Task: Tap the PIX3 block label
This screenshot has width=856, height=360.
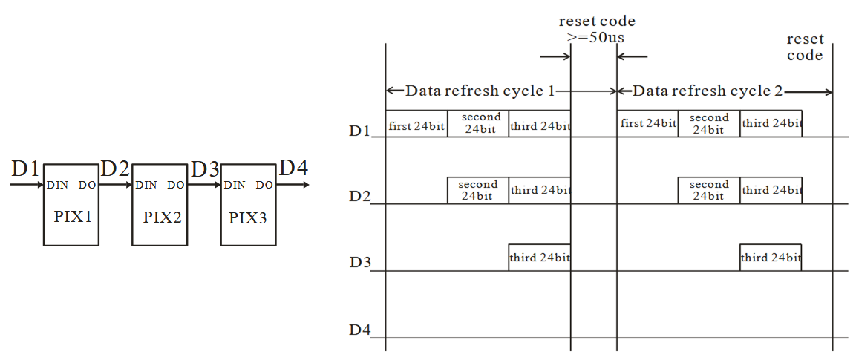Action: pos(248,218)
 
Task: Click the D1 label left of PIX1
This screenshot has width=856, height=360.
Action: pos(24,169)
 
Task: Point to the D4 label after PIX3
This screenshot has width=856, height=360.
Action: pos(293,169)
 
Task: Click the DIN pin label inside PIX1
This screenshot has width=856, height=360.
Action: pos(57,185)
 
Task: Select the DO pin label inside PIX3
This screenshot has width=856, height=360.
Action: pos(264,185)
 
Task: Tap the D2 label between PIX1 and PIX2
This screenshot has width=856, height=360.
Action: pos(115,169)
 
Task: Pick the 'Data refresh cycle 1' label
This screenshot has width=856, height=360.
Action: pos(480,91)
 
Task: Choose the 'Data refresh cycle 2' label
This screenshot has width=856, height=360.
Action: pos(708,91)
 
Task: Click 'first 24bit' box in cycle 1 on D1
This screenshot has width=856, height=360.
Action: pos(416,124)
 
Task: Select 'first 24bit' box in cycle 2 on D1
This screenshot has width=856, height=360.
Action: pos(647,124)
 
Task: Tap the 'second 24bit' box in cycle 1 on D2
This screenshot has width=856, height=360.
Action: pos(478,190)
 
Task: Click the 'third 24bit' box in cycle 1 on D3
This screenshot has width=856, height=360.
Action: pos(540,258)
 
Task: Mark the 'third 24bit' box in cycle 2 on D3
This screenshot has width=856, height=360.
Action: pos(771,258)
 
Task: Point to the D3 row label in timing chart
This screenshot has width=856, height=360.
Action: pos(360,263)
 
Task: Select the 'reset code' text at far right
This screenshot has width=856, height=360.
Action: pos(805,48)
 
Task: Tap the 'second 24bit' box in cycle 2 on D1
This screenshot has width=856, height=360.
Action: pos(709,124)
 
